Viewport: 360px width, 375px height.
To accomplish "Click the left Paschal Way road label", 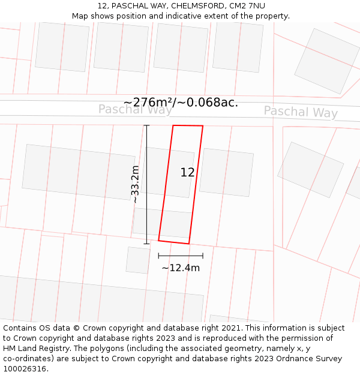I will pos(135,109).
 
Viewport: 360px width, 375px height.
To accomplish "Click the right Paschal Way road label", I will pos(301,112).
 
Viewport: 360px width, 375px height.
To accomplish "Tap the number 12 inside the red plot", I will pos(187,172).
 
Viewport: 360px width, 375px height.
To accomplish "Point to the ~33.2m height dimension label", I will pos(136,185).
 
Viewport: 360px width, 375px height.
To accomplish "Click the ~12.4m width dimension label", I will pos(181,268).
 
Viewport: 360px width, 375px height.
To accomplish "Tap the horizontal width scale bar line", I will pos(181,256).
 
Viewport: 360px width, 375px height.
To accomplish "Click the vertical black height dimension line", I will pos(146,184).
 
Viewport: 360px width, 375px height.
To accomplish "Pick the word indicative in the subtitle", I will pos(202,16).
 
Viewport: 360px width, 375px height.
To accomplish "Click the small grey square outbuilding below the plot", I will pos(137,260).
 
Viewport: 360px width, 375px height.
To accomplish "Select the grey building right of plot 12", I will pos(226,172).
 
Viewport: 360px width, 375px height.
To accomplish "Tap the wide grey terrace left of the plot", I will pos(78,172).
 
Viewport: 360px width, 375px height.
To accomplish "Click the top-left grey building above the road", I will pos(62,47).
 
